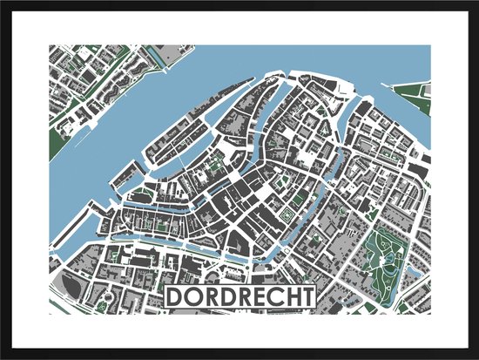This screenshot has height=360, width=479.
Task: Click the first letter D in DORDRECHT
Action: (174, 297)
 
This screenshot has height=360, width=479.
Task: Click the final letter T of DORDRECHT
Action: (305, 297)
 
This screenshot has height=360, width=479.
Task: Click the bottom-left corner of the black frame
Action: (3, 357)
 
